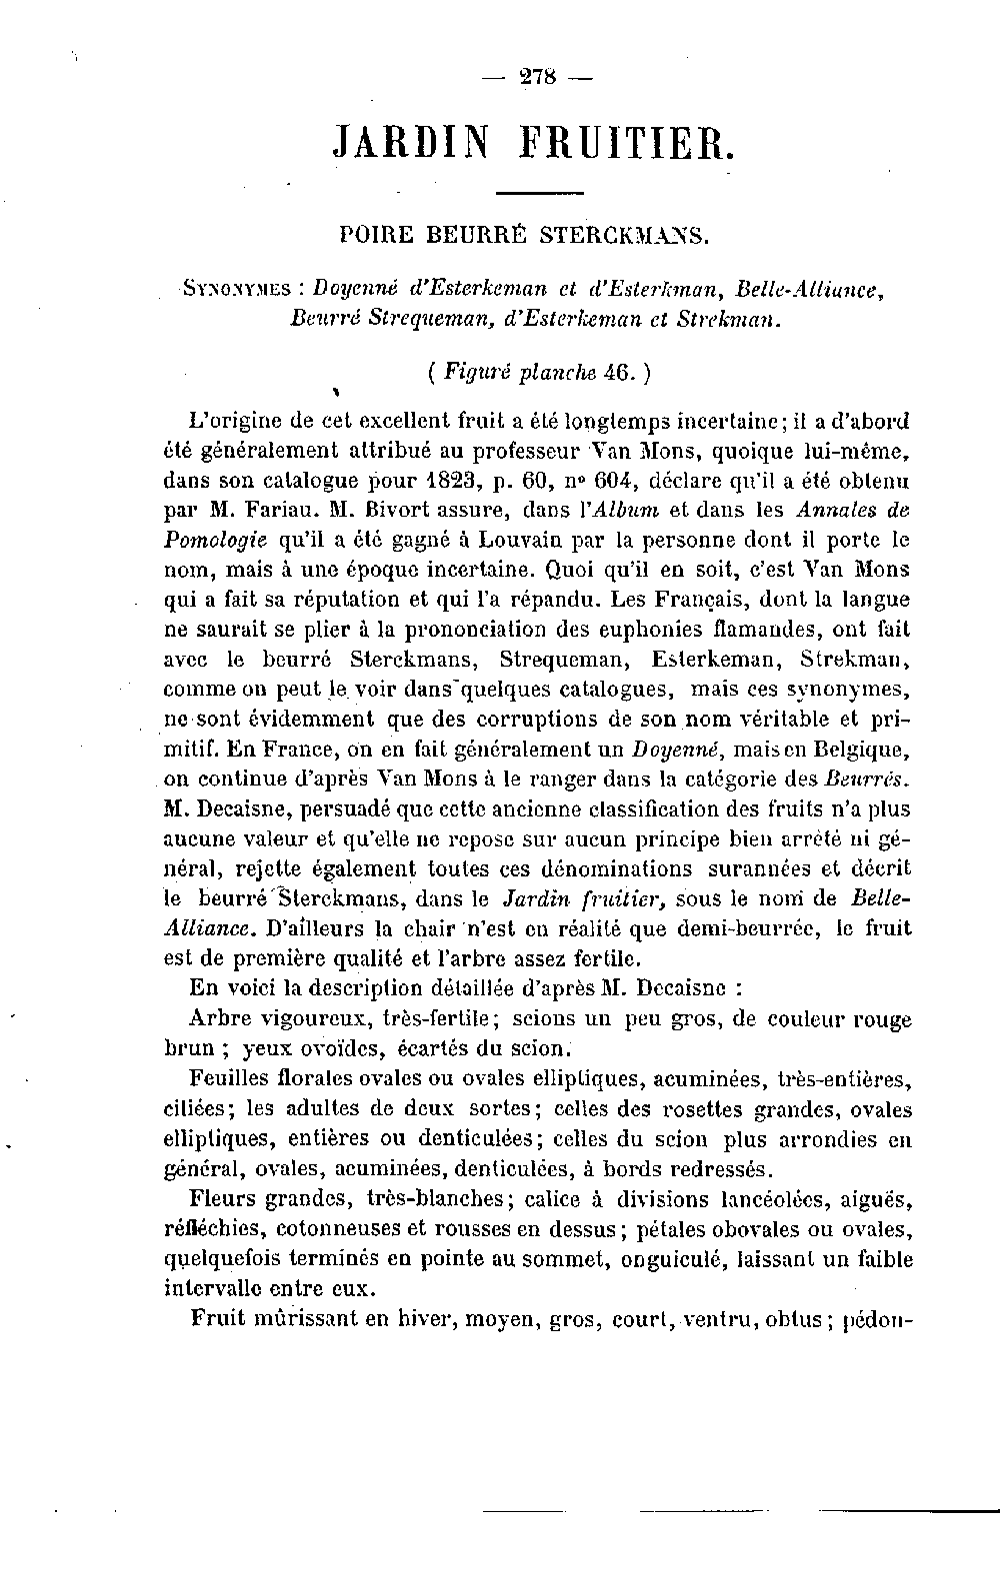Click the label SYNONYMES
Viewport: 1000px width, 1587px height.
[235, 290]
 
